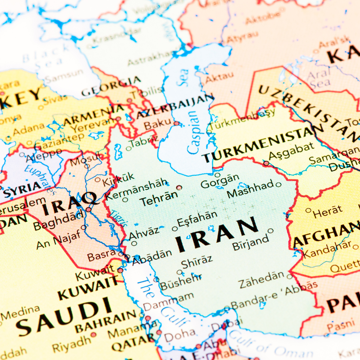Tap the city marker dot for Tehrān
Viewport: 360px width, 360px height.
tap(179, 188)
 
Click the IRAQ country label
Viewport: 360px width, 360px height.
tap(69, 203)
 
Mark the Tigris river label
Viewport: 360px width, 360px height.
tap(118, 218)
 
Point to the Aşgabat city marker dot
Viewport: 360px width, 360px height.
tap(266, 163)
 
